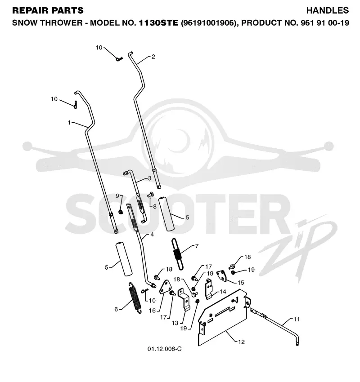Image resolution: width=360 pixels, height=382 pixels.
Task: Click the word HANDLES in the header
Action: coord(327,10)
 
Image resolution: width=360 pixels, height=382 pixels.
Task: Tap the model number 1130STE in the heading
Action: coord(158,23)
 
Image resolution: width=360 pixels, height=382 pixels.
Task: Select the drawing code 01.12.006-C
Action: coord(164,349)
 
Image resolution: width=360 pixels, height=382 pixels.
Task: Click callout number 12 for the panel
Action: coord(241,342)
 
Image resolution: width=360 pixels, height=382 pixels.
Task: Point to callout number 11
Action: coord(297,319)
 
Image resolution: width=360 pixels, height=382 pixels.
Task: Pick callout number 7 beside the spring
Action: coord(197,246)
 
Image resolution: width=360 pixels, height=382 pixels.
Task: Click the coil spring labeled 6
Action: coord(135,298)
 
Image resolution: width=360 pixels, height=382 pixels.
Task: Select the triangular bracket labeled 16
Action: coord(165,287)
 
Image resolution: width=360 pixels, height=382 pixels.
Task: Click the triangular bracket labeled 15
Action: coord(222,275)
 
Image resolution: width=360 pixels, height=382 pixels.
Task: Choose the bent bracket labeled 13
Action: coord(184,299)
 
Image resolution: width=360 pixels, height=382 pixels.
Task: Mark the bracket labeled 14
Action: coord(209,289)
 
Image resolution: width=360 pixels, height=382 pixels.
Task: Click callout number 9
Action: coord(117,196)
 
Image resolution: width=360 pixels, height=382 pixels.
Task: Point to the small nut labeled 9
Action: coord(120,212)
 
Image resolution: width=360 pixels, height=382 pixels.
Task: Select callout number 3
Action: coord(149,178)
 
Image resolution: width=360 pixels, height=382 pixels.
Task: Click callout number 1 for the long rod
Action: coord(69,123)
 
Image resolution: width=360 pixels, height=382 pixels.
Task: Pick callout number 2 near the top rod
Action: coord(153,57)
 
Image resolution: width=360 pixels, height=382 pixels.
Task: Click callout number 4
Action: coord(152,235)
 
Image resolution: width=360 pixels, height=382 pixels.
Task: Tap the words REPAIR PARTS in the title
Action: coord(48,10)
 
